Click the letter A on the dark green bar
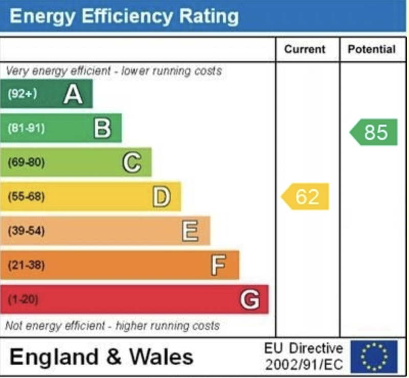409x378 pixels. tap(73, 94)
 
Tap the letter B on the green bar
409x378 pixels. tap(102, 128)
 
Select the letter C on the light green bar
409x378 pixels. tap(131, 162)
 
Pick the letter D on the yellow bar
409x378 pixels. tap(162, 197)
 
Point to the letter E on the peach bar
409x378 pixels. tap(190, 231)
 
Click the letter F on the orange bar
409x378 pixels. tap(219, 265)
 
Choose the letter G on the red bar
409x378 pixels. tap(249, 299)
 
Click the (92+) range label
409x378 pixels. tap(22, 94)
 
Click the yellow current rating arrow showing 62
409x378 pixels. tap(306, 197)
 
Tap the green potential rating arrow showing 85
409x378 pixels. tap(374, 132)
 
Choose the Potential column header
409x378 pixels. tap(372, 50)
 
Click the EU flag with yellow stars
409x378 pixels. tap(374, 357)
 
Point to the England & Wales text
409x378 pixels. tap(101, 357)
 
